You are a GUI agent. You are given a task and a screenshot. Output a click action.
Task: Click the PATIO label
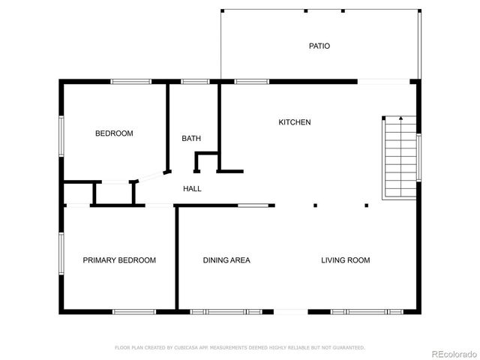tap(319, 46)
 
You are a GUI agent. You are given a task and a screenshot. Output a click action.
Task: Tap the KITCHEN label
tap(295, 122)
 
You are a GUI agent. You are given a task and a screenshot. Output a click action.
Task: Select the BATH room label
tap(191, 138)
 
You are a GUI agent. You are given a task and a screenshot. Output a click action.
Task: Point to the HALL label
tap(192, 188)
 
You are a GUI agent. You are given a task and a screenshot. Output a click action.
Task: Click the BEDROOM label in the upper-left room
tap(114, 133)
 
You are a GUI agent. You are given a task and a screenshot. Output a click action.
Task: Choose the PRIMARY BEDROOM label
tap(119, 260)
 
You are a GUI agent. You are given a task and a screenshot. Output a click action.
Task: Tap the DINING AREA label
tap(226, 260)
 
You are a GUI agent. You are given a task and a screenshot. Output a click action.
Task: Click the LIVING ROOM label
tap(346, 260)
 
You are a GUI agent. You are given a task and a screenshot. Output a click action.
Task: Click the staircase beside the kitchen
tap(400, 157)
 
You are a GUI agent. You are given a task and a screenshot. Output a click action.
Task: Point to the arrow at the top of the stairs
tap(401, 118)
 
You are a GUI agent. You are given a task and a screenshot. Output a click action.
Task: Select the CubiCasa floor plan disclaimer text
tap(239, 348)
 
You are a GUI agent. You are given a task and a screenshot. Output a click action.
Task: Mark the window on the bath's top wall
tap(195, 81)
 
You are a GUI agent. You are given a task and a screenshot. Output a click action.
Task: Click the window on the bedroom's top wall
tap(132, 81)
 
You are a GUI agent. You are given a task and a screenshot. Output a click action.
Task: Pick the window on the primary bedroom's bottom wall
tap(133, 310)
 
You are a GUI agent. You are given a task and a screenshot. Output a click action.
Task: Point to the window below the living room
tap(367, 310)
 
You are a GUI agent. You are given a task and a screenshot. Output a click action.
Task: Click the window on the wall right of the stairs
tap(419, 157)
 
